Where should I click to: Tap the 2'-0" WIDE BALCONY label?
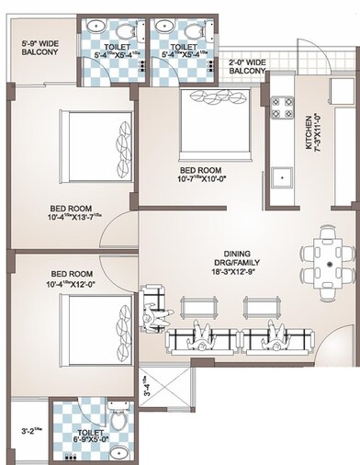click(248, 65)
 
